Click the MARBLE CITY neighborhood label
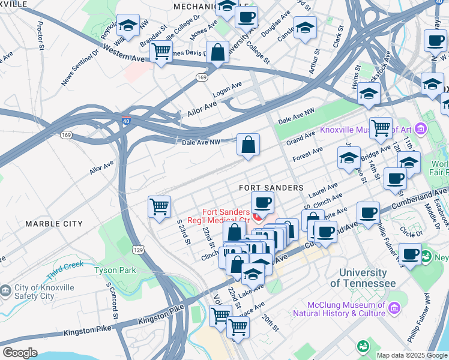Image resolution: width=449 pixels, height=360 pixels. pyautogui.click(x=53, y=224)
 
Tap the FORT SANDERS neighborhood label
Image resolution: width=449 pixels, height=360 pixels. pyautogui.click(x=271, y=188)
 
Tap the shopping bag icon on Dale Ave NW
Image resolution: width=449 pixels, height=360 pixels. pyautogui.click(x=248, y=145)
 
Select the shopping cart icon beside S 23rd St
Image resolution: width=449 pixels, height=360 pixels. pyautogui.click(x=159, y=207)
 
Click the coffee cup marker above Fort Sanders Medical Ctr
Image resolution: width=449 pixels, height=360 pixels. pyautogui.click(x=261, y=203)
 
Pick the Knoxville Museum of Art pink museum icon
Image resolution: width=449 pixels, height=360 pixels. pyautogui.click(x=420, y=129)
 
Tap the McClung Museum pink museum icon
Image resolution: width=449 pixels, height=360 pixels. pyautogui.click(x=394, y=308)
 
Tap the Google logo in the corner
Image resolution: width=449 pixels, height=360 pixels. pyautogui.click(x=20, y=353)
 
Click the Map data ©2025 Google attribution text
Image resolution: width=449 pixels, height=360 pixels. pyautogui.click(x=411, y=355)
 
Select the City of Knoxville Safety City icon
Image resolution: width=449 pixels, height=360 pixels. pyautogui.click(x=5, y=291)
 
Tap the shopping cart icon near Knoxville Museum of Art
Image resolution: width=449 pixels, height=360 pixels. pyautogui.click(x=380, y=127)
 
